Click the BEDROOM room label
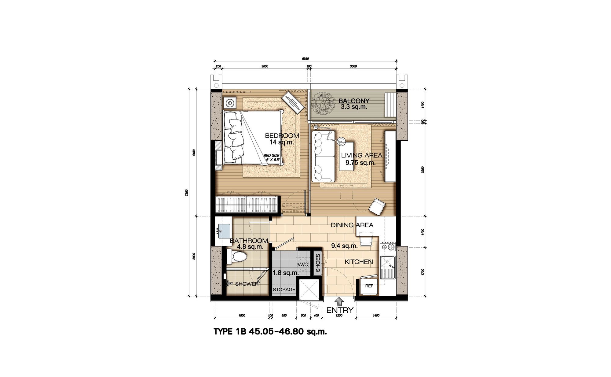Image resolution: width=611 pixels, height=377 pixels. pos(282,135)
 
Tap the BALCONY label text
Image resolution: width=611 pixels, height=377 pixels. pos(354,101)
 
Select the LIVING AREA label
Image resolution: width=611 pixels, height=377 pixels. pos(362,155)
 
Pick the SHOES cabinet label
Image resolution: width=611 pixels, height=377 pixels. pos(318,263)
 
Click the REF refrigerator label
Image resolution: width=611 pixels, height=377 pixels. pos(369,286)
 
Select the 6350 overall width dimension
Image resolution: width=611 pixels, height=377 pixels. pos(305,58)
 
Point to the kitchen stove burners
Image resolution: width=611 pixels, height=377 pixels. pos(388,246)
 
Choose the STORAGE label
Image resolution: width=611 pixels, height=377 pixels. pos(284,290)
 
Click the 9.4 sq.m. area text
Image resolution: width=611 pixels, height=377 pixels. pos(345,246)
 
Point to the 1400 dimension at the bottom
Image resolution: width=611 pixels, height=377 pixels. pos(376,316)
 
